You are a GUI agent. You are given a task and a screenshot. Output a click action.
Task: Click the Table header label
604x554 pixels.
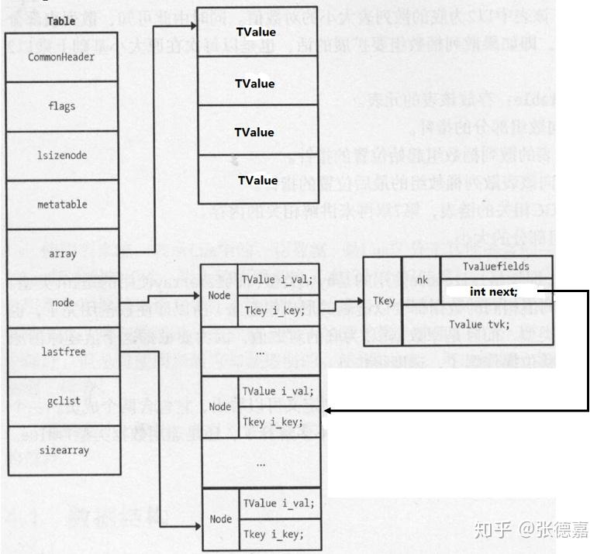tap(62, 21)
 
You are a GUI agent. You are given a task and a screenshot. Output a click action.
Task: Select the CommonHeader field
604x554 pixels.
tap(62, 57)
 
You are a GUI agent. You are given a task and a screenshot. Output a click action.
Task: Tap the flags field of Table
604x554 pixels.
tap(62, 105)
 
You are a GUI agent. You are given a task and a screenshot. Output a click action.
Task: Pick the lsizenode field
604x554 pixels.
tap(62, 155)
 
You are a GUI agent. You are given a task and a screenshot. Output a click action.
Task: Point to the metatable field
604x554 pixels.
tap(62, 205)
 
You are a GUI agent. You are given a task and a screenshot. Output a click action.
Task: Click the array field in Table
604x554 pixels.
tap(62, 254)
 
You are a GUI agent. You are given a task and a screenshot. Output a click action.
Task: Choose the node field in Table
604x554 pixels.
tap(62, 303)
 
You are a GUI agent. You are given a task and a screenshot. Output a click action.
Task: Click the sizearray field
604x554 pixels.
tap(62, 449)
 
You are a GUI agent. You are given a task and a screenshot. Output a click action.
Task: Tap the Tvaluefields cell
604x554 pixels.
tap(496, 267)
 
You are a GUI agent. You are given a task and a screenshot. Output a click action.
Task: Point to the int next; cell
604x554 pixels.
tap(496, 291)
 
